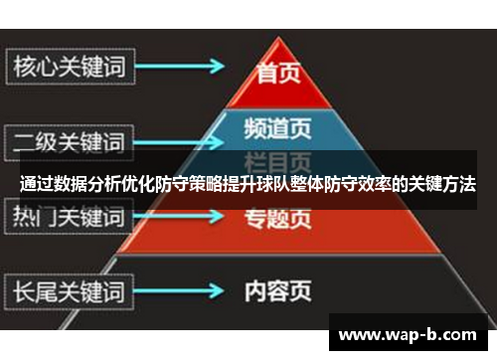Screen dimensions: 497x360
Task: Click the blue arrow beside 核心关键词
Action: (185, 68)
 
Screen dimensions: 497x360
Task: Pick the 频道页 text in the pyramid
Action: (277, 128)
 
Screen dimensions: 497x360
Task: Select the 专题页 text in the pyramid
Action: (277, 220)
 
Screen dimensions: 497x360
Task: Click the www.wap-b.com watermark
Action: (409, 333)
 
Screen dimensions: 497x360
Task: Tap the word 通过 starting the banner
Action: (36, 185)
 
